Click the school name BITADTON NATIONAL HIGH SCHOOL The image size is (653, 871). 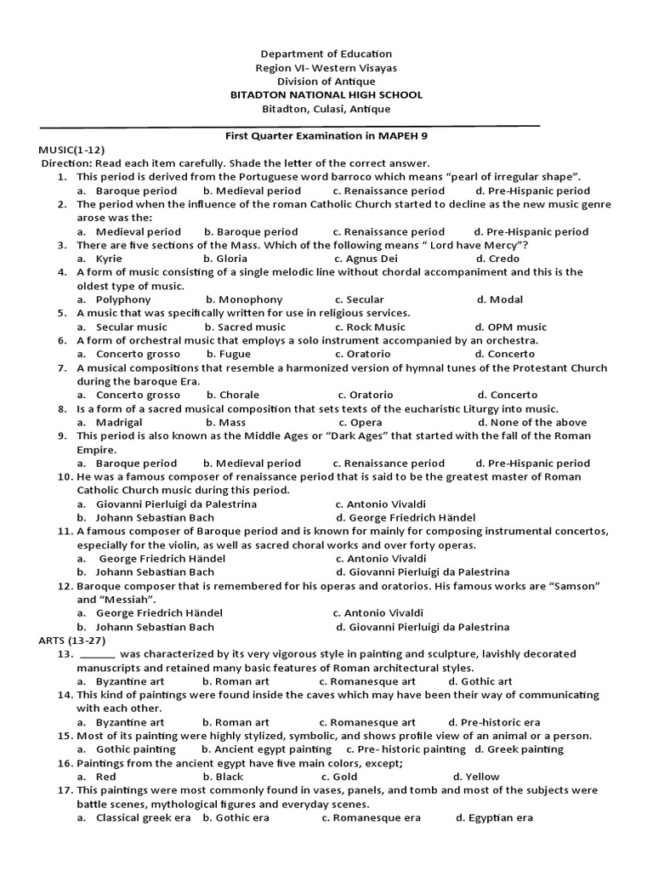[x=326, y=95]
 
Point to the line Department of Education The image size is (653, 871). [x=326, y=54]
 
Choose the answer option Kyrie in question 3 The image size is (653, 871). [x=109, y=259]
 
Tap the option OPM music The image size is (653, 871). [x=517, y=327]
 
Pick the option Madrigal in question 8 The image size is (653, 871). [x=119, y=422]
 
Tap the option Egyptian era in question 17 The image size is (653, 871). [x=500, y=817]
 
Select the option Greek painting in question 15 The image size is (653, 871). [x=525, y=749]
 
